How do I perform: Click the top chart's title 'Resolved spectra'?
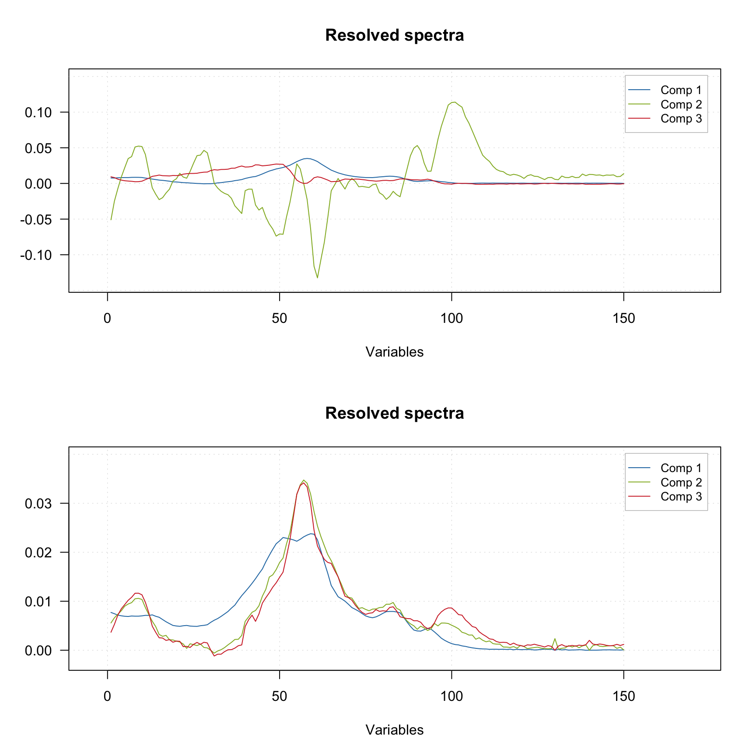click(394, 35)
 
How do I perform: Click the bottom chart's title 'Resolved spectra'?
click(394, 413)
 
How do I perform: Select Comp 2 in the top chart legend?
click(681, 105)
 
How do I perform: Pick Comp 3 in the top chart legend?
click(681, 119)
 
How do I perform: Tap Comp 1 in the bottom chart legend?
click(681, 468)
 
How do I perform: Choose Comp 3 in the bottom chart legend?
click(681, 497)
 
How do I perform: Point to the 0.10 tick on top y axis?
click(38, 112)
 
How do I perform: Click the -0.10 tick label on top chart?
click(36, 255)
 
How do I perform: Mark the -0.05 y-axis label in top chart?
click(36, 219)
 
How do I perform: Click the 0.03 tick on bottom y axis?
click(38, 504)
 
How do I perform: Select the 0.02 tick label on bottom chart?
click(38, 553)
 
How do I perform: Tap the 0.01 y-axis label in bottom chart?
click(38, 602)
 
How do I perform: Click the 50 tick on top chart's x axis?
click(279, 318)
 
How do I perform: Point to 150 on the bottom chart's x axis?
click(623, 696)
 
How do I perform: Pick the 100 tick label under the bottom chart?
click(451, 696)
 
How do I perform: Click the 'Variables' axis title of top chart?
click(394, 352)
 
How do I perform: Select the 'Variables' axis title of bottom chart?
click(394, 730)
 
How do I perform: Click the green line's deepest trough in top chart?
click(317, 278)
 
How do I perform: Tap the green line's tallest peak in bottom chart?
click(304, 480)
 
